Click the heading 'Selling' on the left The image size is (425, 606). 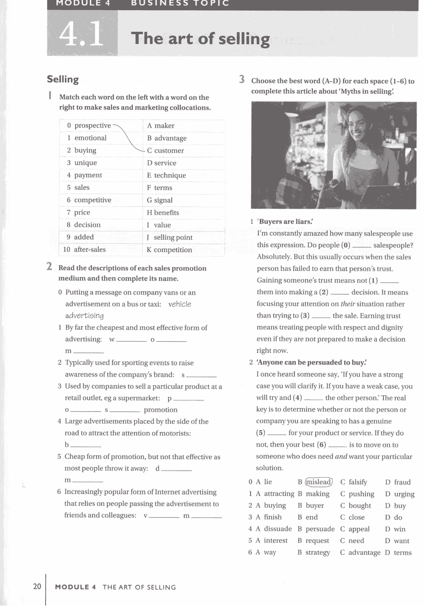tap(63, 79)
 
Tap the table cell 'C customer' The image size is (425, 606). tap(165, 151)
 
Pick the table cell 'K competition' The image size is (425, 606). tap(169, 250)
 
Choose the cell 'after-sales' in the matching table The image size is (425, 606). tap(89, 249)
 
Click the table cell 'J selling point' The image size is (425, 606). tap(169, 237)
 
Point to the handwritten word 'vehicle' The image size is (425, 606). tap(180, 304)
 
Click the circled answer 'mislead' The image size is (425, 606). tap(318, 482)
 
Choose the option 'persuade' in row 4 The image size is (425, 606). tap(320, 529)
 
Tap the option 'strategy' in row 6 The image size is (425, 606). tap(318, 552)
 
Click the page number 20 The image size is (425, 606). tap(37, 586)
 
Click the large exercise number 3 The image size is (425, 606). tap(242, 80)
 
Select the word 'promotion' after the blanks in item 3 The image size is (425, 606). tap(160, 410)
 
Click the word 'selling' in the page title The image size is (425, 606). tap(244, 39)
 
